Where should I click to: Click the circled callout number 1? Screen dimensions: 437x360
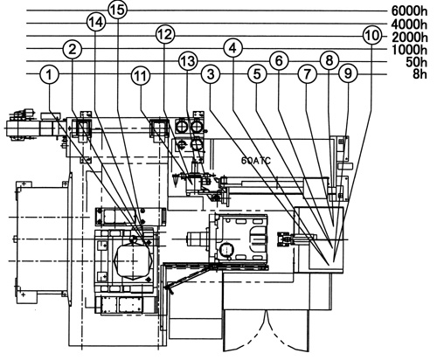[x=49, y=74]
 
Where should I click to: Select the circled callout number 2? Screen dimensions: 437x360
[x=73, y=49]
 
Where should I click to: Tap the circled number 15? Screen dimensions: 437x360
[x=118, y=10]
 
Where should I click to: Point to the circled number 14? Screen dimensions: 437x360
[x=96, y=23]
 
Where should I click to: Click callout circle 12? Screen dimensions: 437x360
[x=165, y=35]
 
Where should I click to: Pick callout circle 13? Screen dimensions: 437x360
[x=188, y=61]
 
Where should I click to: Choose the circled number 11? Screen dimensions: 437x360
[x=141, y=76]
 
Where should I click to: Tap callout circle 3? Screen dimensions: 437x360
[x=211, y=74]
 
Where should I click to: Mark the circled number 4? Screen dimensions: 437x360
[x=233, y=48]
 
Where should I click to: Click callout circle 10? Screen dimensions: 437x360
[x=372, y=36]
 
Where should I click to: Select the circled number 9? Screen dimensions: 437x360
[x=349, y=74]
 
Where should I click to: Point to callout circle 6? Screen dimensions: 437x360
[x=279, y=61]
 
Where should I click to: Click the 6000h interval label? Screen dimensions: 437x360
[x=409, y=11]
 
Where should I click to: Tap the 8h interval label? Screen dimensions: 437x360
[x=420, y=74]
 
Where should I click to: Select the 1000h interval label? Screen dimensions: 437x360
[x=409, y=50]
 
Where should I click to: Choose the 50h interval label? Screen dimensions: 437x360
[x=416, y=62]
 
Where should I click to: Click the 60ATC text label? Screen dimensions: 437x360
[x=256, y=161]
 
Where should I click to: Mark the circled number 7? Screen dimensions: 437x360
[x=308, y=74]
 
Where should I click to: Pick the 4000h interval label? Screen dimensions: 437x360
[x=409, y=24]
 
